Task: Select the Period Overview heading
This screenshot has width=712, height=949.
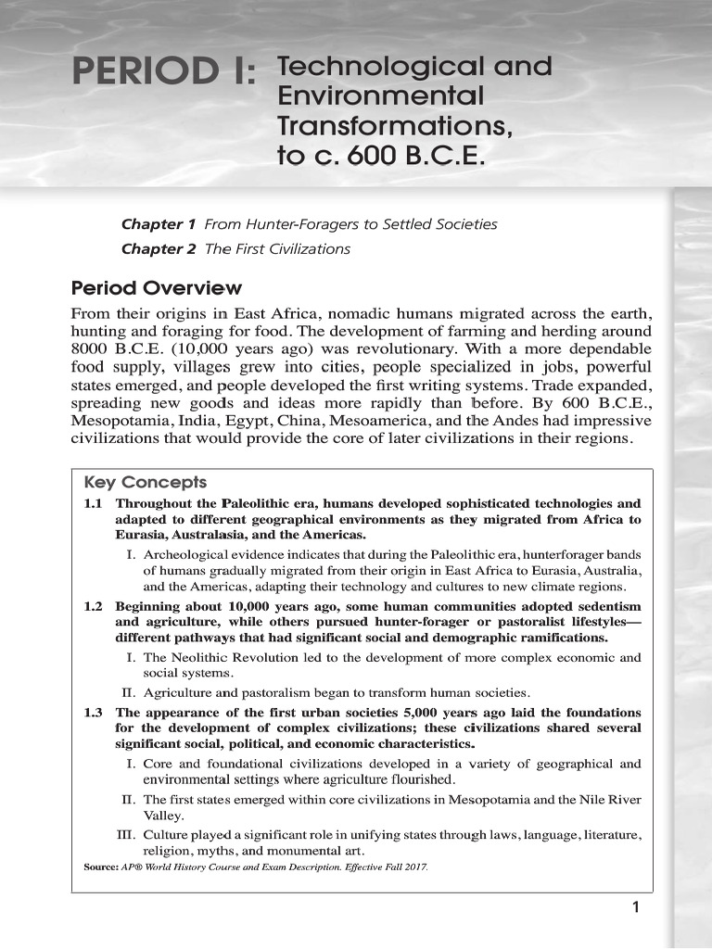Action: pos(156,287)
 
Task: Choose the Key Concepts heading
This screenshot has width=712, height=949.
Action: pos(145,483)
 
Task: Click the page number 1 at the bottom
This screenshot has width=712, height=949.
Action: pos(636,907)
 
